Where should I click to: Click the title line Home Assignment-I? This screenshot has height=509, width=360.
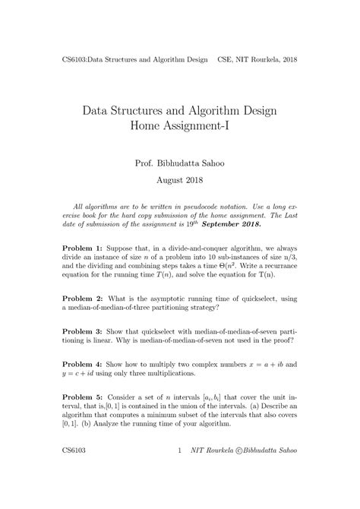180,127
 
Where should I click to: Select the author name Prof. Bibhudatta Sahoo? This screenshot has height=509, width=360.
180,163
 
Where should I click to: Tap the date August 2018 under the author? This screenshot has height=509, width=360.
180,182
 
